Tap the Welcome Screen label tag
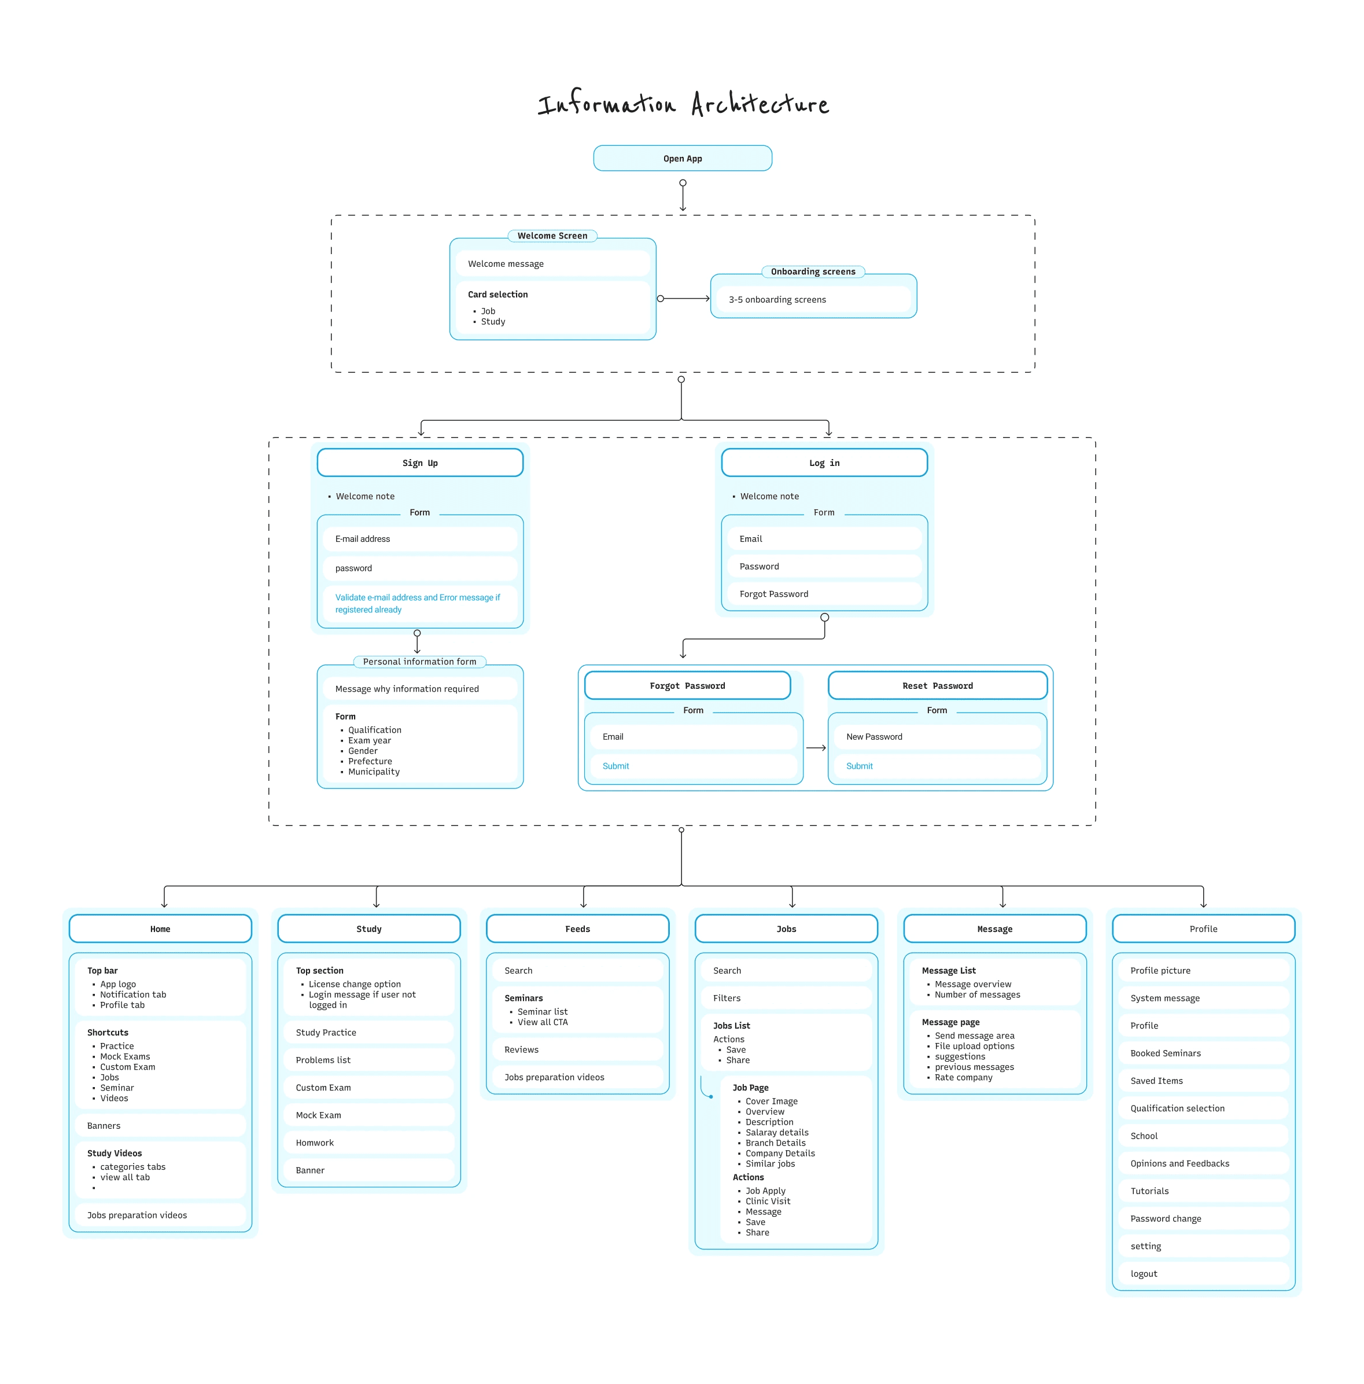pyautogui.click(x=552, y=236)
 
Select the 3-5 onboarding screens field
pyautogui.click(x=813, y=299)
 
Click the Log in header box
pyautogui.click(x=824, y=462)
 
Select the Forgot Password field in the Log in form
pyautogui.click(x=824, y=594)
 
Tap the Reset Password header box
pyautogui.click(x=937, y=685)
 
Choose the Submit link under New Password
pyautogui.click(x=859, y=766)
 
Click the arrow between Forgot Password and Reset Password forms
pyautogui.click(x=816, y=748)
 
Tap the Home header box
pyautogui.click(x=160, y=929)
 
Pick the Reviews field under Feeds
pyautogui.click(x=577, y=1049)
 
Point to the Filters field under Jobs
pyautogui.click(x=786, y=998)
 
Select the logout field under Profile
pyautogui.click(x=1203, y=1273)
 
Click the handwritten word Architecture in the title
pyautogui.click(x=760, y=104)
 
